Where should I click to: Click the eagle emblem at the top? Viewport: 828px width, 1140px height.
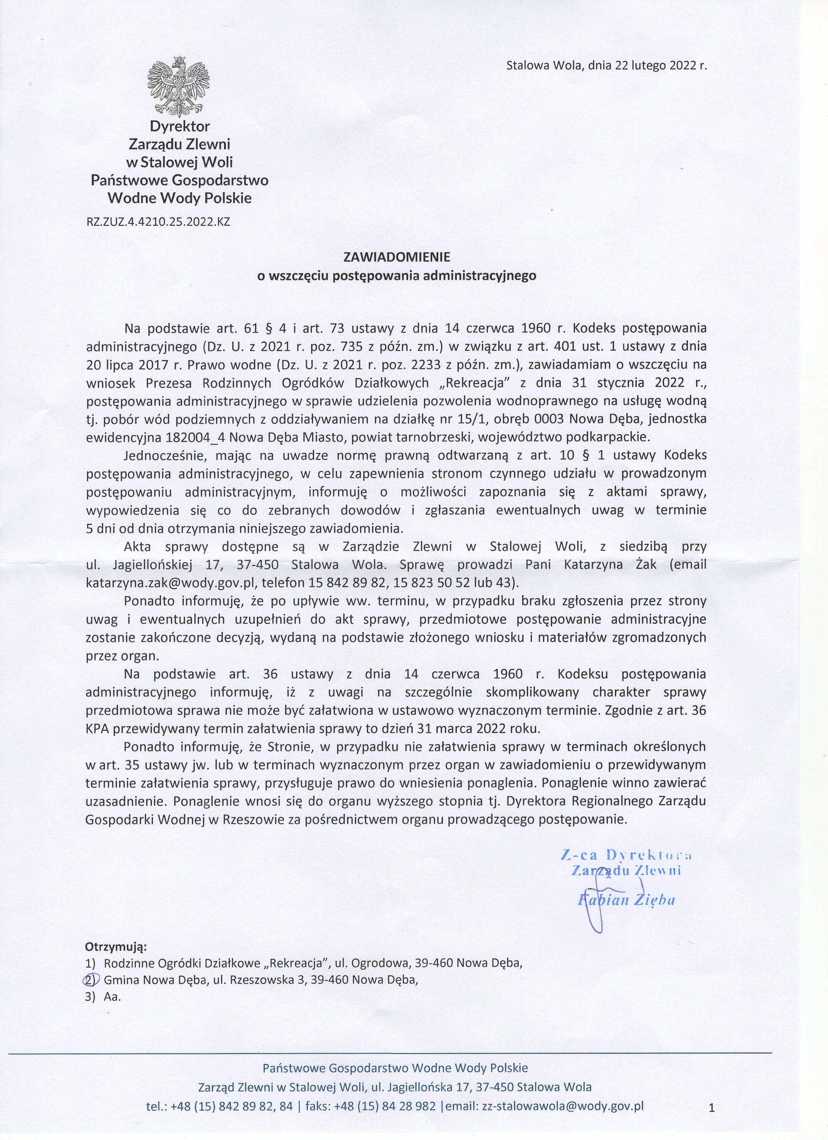178,86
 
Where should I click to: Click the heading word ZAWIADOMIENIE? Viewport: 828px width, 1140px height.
396,257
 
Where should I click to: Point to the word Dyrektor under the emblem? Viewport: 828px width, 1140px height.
179,126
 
